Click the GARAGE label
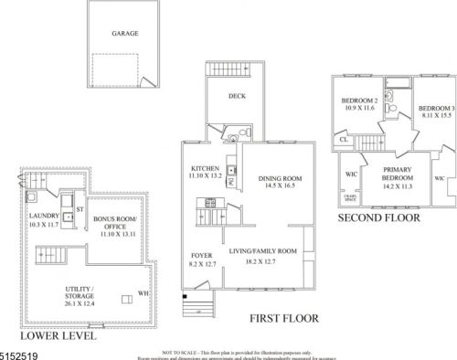[x=125, y=33]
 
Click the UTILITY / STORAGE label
[x=80, y=292]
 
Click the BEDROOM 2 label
[x=359, y=100]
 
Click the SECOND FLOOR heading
[x=379, y=218]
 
